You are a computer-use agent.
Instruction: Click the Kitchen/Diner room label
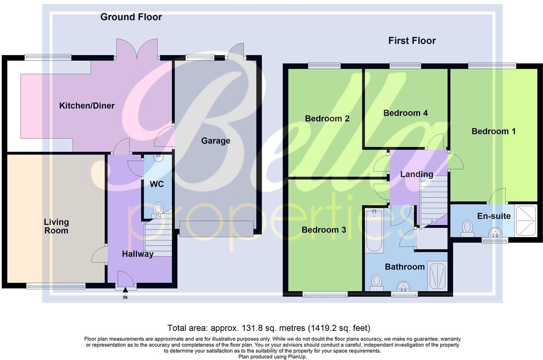[86, 105]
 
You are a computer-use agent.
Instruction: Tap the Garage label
[215, 141]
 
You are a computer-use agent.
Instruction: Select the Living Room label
[56, 226]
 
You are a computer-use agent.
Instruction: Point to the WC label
[157, 184]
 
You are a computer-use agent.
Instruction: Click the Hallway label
[137, 254]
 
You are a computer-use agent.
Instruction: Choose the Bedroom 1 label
[493, 131]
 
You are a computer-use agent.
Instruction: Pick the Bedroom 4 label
[405, 113]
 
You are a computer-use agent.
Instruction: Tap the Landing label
[417, 174]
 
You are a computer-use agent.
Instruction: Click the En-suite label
[494, 216]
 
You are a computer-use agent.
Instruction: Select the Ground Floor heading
[131, 17]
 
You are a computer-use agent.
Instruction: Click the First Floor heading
[412, 41]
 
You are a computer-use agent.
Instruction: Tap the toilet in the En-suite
[468, 228]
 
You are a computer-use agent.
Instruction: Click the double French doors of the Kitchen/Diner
[137, 49]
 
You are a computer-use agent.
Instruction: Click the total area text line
[269, 328]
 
